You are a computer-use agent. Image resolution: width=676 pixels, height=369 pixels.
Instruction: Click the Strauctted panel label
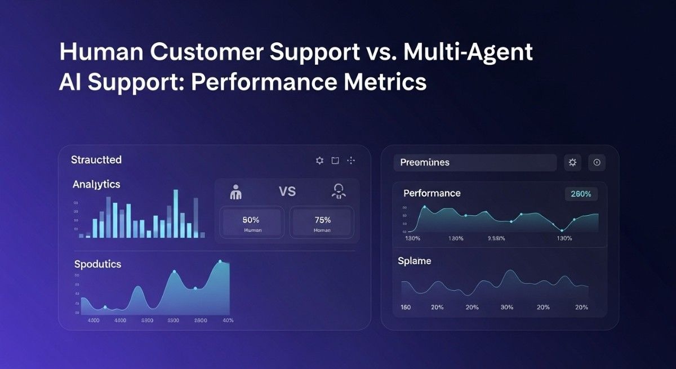[96, 160]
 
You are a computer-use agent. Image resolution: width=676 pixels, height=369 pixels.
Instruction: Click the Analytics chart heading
[96, 184]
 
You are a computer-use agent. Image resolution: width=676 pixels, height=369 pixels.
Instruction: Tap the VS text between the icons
[287, 192]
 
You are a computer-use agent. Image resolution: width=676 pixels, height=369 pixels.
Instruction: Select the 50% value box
[251, 223]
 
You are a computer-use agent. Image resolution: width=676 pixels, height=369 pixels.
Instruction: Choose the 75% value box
[322, 223]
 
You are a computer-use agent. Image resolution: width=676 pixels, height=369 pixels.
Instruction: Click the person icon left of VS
[236, 193]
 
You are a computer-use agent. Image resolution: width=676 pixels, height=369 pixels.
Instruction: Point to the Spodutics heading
[97, 264]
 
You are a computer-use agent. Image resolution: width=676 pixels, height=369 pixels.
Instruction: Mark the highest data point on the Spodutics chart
[220, 261]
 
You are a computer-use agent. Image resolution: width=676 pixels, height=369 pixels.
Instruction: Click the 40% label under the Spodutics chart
[228, 321]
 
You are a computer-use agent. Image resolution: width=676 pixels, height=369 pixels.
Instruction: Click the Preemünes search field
[474, 163]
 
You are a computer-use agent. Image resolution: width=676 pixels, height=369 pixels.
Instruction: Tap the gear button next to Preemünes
[572, 163]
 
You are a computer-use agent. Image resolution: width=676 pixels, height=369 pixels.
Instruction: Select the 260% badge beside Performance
[581, 194]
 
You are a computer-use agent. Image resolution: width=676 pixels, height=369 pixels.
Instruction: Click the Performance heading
[432, 193]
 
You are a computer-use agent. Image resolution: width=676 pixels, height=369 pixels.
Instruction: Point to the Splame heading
[414, 261]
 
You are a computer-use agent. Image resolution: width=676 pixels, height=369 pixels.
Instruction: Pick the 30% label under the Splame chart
[507, 308]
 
